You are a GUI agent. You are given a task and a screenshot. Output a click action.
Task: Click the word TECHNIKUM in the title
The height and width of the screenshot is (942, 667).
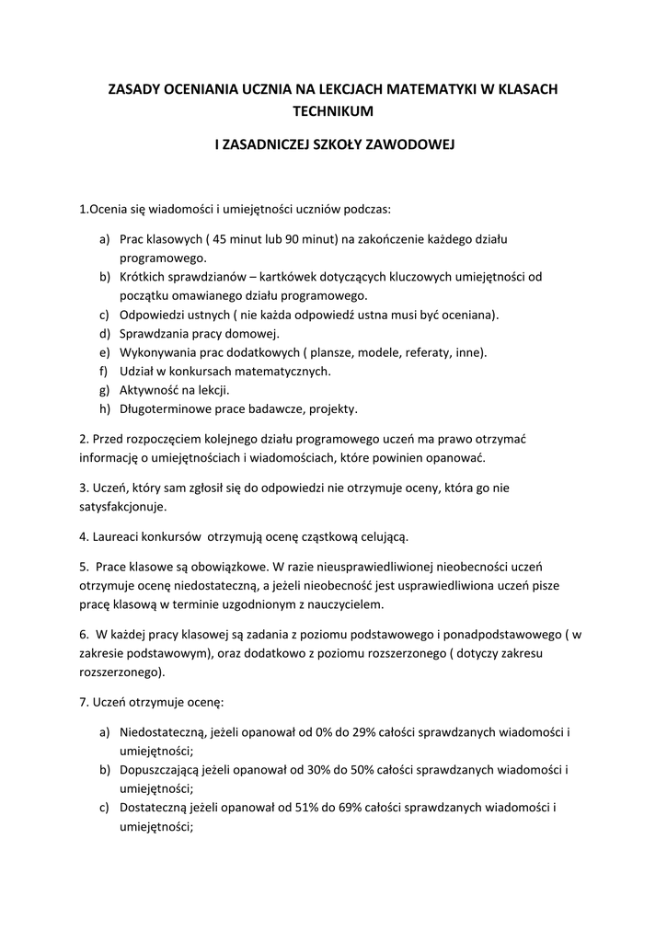333,111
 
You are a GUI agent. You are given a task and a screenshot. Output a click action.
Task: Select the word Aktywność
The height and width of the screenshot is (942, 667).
150,390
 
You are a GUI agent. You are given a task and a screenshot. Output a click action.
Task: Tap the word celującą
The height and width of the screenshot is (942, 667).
379,535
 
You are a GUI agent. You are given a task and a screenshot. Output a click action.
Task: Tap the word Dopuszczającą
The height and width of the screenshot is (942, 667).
161,770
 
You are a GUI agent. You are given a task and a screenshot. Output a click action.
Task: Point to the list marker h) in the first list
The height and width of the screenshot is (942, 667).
104,408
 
